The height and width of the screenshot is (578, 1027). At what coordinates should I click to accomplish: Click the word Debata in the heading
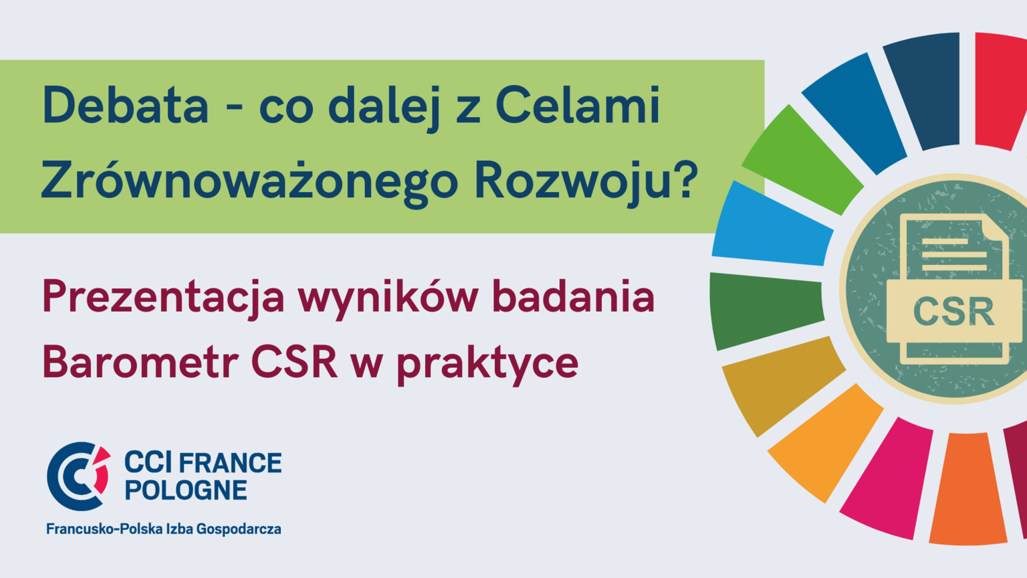click(126, 105)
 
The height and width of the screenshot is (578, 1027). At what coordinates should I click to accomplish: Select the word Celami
click(578, 105)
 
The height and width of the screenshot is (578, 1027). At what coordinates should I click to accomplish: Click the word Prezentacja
click(164, 298)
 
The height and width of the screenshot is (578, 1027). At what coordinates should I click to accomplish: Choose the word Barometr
click(140, 363)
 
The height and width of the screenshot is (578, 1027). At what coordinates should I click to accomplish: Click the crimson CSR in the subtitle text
click(294, 363)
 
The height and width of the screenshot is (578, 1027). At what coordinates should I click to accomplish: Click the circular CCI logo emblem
click(79, 476)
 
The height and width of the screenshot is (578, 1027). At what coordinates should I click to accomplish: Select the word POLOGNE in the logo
click(186, 490)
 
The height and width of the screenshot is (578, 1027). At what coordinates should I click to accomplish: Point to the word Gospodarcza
click(239, 529)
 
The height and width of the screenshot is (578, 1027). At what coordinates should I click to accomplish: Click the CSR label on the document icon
click(955, 312)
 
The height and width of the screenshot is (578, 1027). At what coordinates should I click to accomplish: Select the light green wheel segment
click(802, 161)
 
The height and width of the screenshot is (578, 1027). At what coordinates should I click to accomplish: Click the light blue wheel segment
click(772, 225)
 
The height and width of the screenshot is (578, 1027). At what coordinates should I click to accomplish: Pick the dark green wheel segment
click(766, 310)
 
